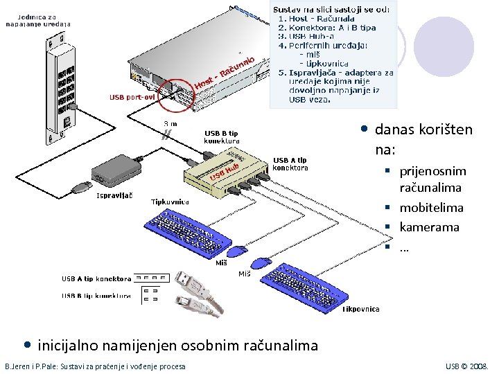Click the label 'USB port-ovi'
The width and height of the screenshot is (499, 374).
coord(132,97)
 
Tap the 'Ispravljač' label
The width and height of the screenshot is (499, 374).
coord(114,195)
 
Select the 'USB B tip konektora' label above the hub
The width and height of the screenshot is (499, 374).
coord(222,136)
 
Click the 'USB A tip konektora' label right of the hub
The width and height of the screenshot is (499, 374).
coord(290,163)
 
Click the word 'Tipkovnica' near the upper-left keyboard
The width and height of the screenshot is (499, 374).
coord(170,202)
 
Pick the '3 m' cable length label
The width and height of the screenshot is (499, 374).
coord(169,124)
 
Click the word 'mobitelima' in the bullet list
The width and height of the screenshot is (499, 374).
coord(431,207)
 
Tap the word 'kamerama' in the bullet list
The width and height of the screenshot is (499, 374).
coord(429,226)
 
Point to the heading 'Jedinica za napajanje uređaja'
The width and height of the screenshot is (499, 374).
coord(38,19)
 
